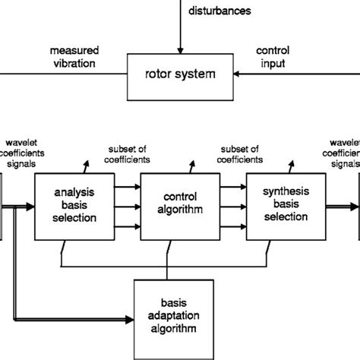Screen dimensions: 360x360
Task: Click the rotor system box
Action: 180,75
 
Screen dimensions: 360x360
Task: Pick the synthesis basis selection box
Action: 283,204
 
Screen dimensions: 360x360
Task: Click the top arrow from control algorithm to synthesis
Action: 230,185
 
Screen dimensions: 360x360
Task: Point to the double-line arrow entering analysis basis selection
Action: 21,205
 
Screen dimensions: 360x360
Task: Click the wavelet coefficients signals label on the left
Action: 23,151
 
